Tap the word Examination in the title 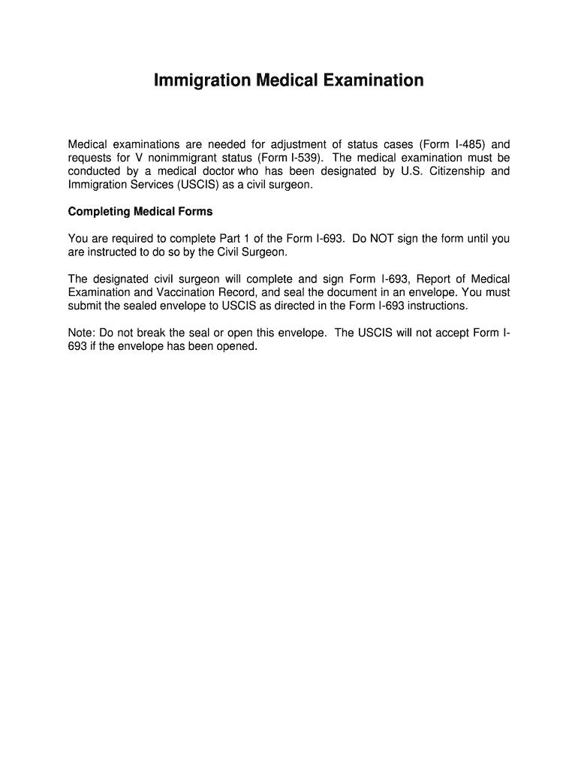[372, 80]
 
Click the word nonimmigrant [179, 158]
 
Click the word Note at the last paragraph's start [81, 333]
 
